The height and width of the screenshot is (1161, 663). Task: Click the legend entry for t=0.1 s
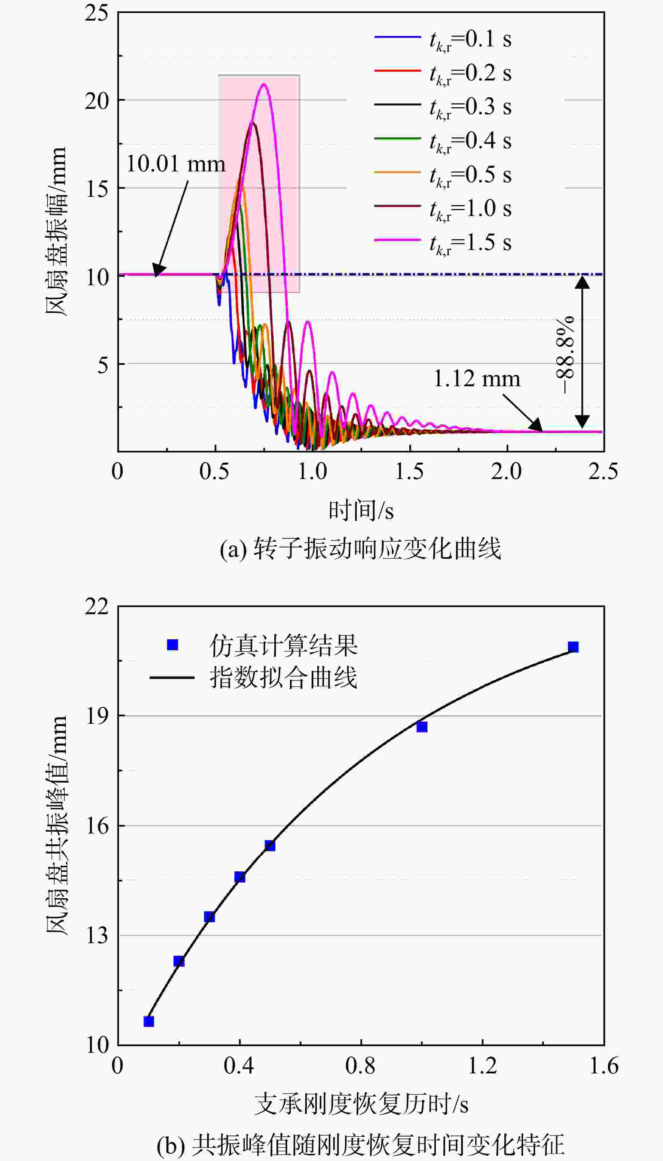click(x=443, y=40)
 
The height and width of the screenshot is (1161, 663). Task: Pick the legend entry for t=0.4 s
click(x=443, y=141)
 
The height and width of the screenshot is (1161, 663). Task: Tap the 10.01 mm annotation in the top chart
click(x=175, y=164)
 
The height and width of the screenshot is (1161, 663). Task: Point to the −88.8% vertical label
click(x=566, y=354)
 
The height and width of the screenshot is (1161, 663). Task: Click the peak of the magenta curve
click(x=263, y=84)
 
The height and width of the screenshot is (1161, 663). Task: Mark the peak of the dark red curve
click(x=252, y=122)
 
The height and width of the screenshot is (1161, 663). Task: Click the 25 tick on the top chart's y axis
click(x=97, y=13)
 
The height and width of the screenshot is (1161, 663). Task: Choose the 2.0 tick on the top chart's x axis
click(x=506, y=472)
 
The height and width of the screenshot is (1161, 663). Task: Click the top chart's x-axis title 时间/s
click(x=361, y=510)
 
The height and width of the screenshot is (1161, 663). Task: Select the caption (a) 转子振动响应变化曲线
click(x=361, y=548)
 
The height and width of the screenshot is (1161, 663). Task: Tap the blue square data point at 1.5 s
click(x=573, y=647)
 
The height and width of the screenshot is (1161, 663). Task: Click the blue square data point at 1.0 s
click(x=422, y=726)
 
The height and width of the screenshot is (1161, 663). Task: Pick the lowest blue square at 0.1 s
click(x=149, y=1022)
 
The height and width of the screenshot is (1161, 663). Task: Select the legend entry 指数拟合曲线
click(x=253, y=677)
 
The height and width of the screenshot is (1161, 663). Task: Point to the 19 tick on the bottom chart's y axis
click(x=97, y=716)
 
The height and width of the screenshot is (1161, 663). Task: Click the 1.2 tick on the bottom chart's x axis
click(x=482, y=1066)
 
